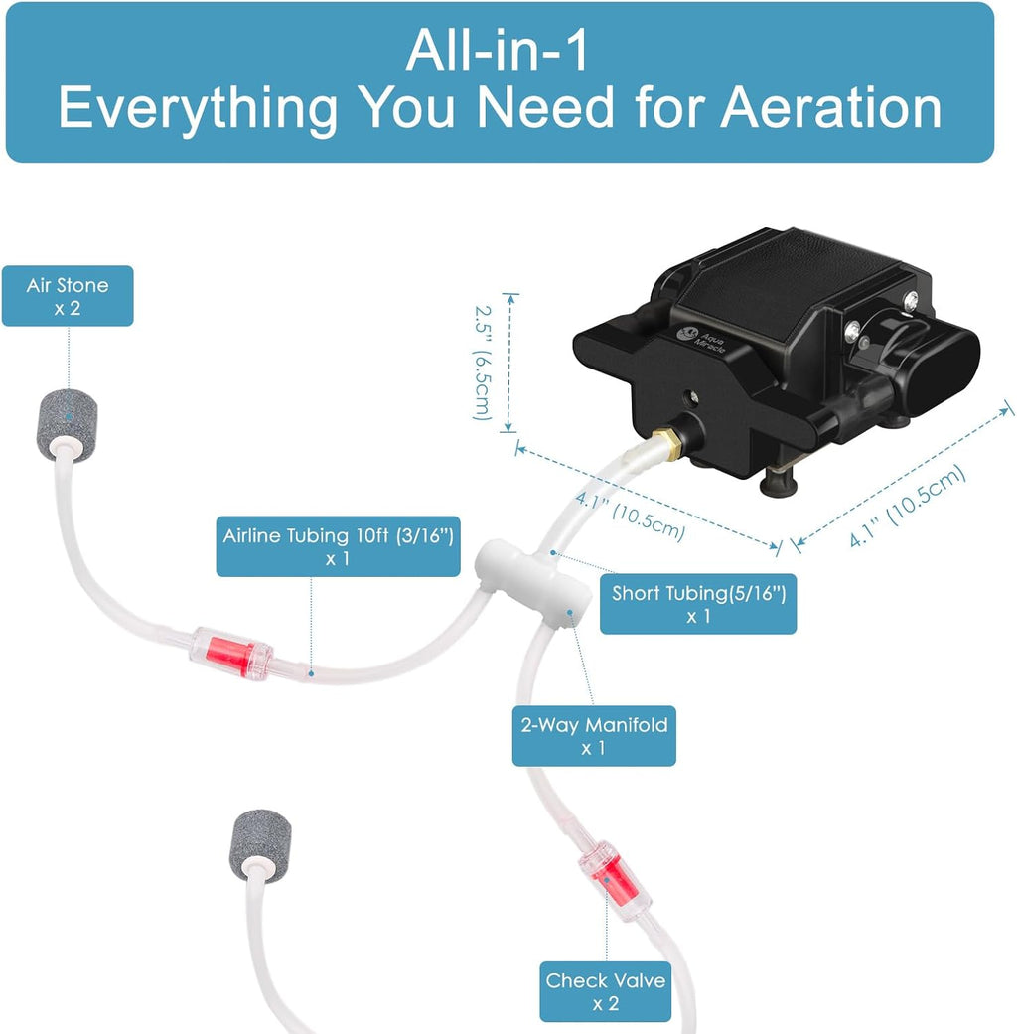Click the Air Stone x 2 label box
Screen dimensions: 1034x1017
pyautogui.click(x=67, y=296)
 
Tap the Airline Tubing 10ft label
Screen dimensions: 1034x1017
pyautogui.click(x=338, y=545)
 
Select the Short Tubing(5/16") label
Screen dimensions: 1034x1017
pyautogui.click(x=697, y=604)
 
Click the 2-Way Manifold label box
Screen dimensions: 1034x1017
pyautogui.click(x=593, y=736)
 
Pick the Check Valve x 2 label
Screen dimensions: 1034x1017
pyautogui.click(x=605, y=990)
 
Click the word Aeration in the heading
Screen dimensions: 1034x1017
pyautogui.click(x=830, y=108)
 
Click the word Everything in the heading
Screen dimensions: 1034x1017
pyautogui.click(x=198, y=108)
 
